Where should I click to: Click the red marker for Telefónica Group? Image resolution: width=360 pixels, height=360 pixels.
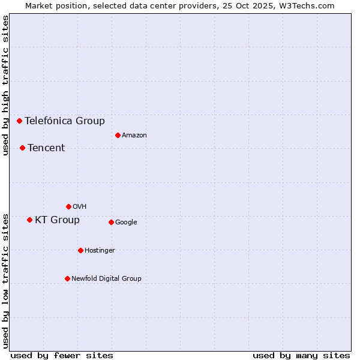(19, 121)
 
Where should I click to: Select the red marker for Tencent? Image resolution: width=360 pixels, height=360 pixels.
(22, 148)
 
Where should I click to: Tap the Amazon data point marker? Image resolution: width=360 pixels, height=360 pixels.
(118, 135)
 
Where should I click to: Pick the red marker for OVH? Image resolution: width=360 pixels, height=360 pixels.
(68, 206)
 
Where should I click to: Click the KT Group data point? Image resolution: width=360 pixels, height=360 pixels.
(29, 220)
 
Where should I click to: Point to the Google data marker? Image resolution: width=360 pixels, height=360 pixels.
(111, 222)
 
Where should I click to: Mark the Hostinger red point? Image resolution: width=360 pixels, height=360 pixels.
(80, 250)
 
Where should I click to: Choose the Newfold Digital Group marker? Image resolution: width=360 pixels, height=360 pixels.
(67, 278)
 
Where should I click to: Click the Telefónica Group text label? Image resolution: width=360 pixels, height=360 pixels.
(65, 121)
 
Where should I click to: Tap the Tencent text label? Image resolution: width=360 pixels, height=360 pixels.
(46, 148)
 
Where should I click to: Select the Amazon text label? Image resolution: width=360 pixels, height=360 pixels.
(134, 135)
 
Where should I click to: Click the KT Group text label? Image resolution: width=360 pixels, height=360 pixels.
(57, 220)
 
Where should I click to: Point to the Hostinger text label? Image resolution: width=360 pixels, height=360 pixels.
(100, 250)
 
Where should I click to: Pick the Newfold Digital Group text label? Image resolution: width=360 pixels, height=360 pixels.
(106, 278)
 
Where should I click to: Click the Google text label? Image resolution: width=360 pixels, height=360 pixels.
(126, 222)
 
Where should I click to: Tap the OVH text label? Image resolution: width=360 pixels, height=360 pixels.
(80, 206)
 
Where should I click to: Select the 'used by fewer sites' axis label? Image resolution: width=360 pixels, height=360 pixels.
(62, 355)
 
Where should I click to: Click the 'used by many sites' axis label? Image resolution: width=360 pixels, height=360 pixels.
(301, 355)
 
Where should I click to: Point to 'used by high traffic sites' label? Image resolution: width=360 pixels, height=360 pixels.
(5, 85)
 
